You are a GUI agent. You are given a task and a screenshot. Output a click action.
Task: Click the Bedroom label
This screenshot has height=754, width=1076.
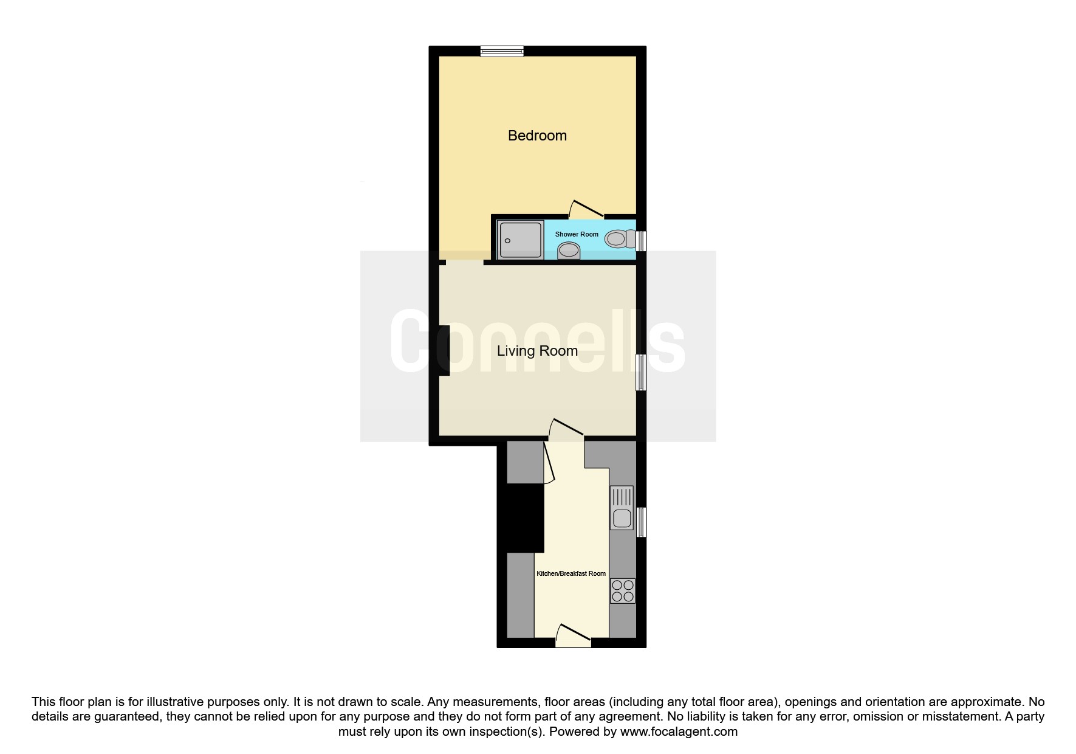click(x=537, y=136)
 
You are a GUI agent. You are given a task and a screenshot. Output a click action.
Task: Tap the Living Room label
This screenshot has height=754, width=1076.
click(x=537, y=351)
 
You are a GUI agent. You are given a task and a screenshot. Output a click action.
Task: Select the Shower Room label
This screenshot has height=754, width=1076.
click(x=577, y=234)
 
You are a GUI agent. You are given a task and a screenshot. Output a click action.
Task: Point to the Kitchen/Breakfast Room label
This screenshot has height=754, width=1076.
click(x=571, y=573)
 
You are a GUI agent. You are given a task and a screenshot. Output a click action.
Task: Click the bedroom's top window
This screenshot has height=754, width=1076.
click(x=502, y=51)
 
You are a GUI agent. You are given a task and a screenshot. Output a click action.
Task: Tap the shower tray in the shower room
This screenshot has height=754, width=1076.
click(x=520, y=240)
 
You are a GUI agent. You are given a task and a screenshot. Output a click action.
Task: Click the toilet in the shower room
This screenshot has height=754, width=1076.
click(x=620, y=239)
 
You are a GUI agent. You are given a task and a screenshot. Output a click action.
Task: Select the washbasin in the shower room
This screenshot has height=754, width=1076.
click(x=569, y=250)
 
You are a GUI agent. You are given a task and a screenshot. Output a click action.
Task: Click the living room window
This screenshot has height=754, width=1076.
click(x=641, y=372)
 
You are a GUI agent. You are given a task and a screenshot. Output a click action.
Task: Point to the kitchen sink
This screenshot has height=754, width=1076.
click(x=622, y=508)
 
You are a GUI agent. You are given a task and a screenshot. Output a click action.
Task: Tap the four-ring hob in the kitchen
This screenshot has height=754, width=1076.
click(x=623, y=590)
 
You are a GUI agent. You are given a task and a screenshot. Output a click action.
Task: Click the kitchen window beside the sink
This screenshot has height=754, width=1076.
click(x=641, y=522)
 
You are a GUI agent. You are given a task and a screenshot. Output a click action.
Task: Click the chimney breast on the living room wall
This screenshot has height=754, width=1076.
click(x=444, y=351)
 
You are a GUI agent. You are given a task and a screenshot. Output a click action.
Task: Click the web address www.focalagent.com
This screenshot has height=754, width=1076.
click(x=679, y=732)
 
